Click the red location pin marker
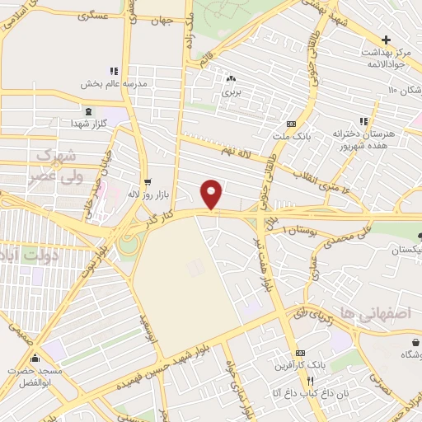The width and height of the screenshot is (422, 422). (212, 195)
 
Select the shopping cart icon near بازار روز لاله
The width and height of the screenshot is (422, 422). (148, 182)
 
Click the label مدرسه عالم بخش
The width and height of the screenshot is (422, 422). (113, 83)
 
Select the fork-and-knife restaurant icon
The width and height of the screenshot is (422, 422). (311, 381)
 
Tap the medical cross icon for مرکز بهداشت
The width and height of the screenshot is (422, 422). (385, 40)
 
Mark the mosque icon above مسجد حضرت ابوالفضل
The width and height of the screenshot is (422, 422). (35, 359)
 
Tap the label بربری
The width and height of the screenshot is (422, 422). (230, 92)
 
